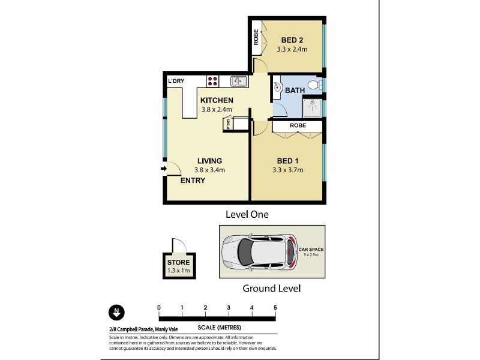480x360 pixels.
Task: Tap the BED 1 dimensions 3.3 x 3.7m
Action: tap(287, 170)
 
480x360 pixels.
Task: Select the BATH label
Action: tap(294, 90)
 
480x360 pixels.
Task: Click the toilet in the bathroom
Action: tap(313, 85)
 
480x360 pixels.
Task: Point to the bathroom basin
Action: tap(278, 86)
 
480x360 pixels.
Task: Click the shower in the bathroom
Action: tap(312, 106)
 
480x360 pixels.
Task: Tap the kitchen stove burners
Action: tap(212, 81)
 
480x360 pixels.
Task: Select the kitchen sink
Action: tap(238, 81)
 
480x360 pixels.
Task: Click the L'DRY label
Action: tap(176, 81)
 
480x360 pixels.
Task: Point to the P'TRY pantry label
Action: tap(228, 124)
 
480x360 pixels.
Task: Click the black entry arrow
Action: tap(163, 169)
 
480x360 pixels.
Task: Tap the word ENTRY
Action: tap(193, 180)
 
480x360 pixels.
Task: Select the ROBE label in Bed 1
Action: tap(298, 126)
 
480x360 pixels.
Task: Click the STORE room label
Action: tap(178, 263)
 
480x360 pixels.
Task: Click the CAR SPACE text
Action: tap(311, 248)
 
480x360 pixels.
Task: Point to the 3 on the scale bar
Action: tap(229, 308)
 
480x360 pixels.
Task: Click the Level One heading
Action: tap(247, 214)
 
